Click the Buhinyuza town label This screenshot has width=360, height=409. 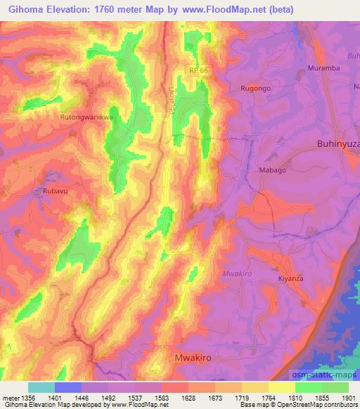335,143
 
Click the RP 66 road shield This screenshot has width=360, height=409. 198,70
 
